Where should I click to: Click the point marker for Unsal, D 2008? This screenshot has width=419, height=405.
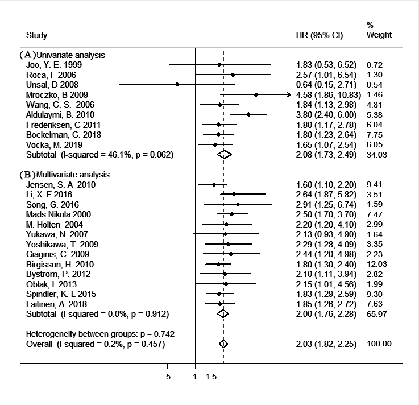click(177, 85)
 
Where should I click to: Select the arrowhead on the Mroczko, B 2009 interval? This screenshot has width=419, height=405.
click(289, 94)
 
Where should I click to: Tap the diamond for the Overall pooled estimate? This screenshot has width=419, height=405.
click(223, 344)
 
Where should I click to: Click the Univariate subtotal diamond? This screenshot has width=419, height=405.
click(224, 155)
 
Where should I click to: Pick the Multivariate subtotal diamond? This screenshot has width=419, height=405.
click(223, 314)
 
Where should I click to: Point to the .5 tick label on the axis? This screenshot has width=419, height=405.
click(167, 377)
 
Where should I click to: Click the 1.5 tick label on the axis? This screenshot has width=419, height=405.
click(211, 377)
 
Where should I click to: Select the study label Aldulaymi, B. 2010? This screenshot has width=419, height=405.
click(60, 115)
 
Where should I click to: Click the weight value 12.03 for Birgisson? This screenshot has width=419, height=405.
click(377, 264)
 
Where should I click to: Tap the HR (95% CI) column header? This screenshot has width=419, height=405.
click(320, 35)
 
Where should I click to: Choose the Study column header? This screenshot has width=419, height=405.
click(36, 35)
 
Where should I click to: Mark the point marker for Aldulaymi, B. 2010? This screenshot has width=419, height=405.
click(249, 114)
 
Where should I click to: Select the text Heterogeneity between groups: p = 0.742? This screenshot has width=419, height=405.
click(100, 334)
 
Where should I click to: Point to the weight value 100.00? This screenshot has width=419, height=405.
click(379, 344)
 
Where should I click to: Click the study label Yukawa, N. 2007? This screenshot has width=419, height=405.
click(57, 234)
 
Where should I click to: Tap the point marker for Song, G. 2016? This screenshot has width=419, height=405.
click(238, 205)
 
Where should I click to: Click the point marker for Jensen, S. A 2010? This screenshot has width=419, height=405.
click(214, 184)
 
